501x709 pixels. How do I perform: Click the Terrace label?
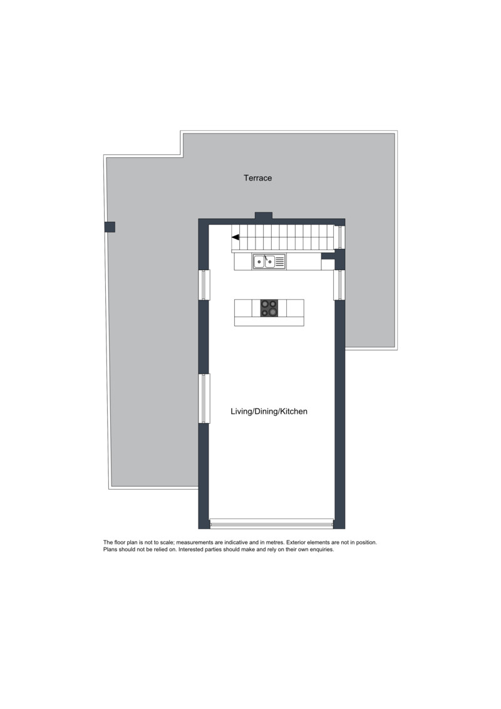click(x=257, y=177)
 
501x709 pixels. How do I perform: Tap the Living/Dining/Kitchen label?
click(x=269, y=411)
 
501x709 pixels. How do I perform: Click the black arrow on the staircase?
click(x=235, y=237)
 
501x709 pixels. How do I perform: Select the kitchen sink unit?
click(x=269, y=261)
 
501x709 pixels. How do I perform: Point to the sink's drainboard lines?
click(x=280, y=261)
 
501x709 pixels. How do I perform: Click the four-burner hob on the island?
click(x=269, y=308)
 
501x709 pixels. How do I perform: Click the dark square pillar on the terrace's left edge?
click(x=110, y=226)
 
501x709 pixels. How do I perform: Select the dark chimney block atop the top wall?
click(x=264, y=216)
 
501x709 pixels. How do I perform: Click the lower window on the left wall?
click(x=204, y=398)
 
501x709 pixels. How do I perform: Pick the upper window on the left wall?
click(x=204, y=285)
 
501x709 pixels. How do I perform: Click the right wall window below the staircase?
click(x=339, y=285)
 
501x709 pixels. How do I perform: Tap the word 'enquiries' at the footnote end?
click(x=322, y=550)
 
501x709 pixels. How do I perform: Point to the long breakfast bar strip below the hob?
click(x=269, y=321)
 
